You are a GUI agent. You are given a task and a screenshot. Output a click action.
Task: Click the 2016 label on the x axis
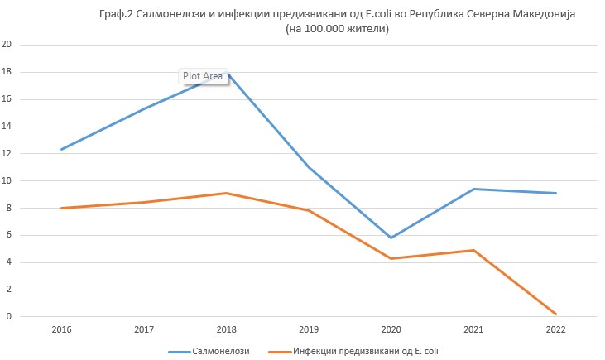click(x=60, y=330)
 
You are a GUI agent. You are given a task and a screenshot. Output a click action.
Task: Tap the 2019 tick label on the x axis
click(x=309, y=330)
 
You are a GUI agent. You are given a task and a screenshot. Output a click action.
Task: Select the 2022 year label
click(x=556, y=330)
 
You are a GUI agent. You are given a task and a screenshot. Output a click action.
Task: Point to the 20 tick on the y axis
click(x=7, y=46)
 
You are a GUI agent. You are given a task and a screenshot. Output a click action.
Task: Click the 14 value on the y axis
click(x=7, y=127)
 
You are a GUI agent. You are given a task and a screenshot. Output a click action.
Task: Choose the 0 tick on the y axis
click(x=10, y=316)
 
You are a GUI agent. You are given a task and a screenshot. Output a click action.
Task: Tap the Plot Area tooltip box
click(x=203, y=76)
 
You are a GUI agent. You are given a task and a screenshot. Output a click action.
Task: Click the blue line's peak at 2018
click(x=226, y=73)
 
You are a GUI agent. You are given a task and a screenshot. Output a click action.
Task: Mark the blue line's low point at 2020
click(x=391, y=238)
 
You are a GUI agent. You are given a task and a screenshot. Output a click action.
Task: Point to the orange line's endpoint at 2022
click(x=556, y=314)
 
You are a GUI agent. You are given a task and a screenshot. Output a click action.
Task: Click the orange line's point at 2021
click(x=474, y=250)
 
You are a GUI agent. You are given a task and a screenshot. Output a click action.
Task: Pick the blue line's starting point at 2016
click(x=60, y=150)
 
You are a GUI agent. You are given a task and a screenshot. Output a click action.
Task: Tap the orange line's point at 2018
click(x=226, y=193)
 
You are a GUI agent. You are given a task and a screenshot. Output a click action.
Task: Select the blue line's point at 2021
click(x=474, y=189)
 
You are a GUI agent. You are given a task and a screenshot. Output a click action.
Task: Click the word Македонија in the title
click(x=530, y=15)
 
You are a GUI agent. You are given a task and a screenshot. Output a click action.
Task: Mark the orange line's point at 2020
click(x=391, y=258)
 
